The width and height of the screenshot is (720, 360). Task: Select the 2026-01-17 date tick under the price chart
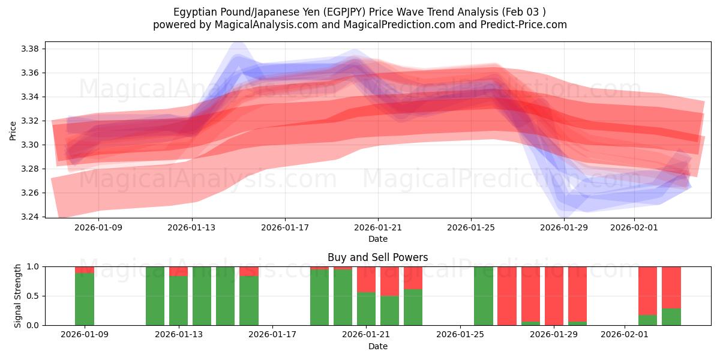(x=285, y=227)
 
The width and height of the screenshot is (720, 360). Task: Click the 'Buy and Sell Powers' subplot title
(x=377, y=257)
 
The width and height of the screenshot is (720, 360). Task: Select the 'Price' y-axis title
(x=13, y=130)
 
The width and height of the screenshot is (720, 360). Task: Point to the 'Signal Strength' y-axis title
(x=18, y=295)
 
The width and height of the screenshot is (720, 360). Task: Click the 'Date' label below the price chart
(x=377, y=239)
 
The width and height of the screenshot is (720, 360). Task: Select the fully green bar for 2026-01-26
(x=483, y=296)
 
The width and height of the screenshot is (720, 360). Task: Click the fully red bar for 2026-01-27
(x=506, y=296)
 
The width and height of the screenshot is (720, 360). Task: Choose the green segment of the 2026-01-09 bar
(x=85, y=299)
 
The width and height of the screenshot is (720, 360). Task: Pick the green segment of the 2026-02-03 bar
(x=671, y=317)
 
